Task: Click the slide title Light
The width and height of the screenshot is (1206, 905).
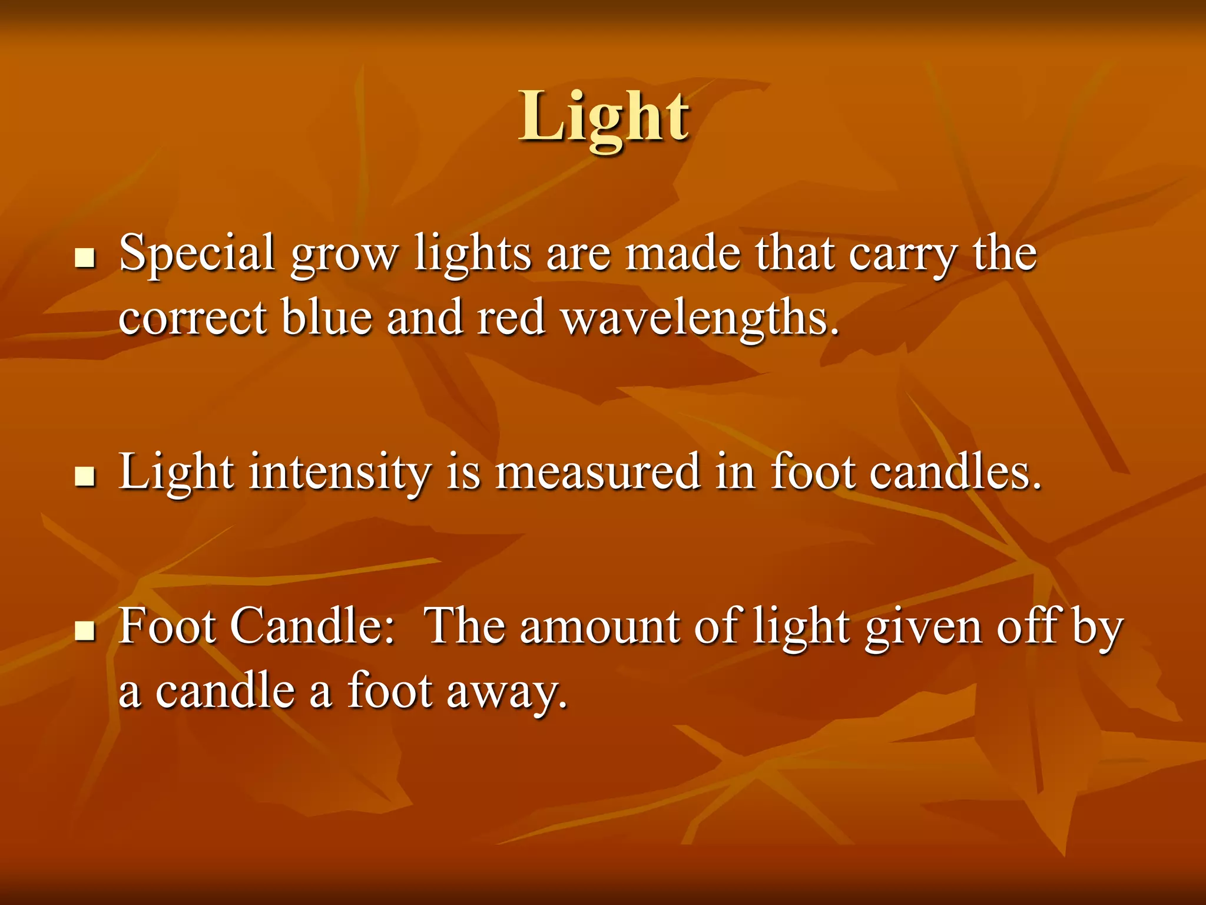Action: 604,118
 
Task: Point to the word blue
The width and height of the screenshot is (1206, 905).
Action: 326,318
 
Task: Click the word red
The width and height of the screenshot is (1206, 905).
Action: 511,318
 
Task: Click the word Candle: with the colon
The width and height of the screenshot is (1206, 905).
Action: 312,627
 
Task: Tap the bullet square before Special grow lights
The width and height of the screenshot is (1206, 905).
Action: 85,258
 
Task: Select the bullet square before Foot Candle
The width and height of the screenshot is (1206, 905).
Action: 85,631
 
